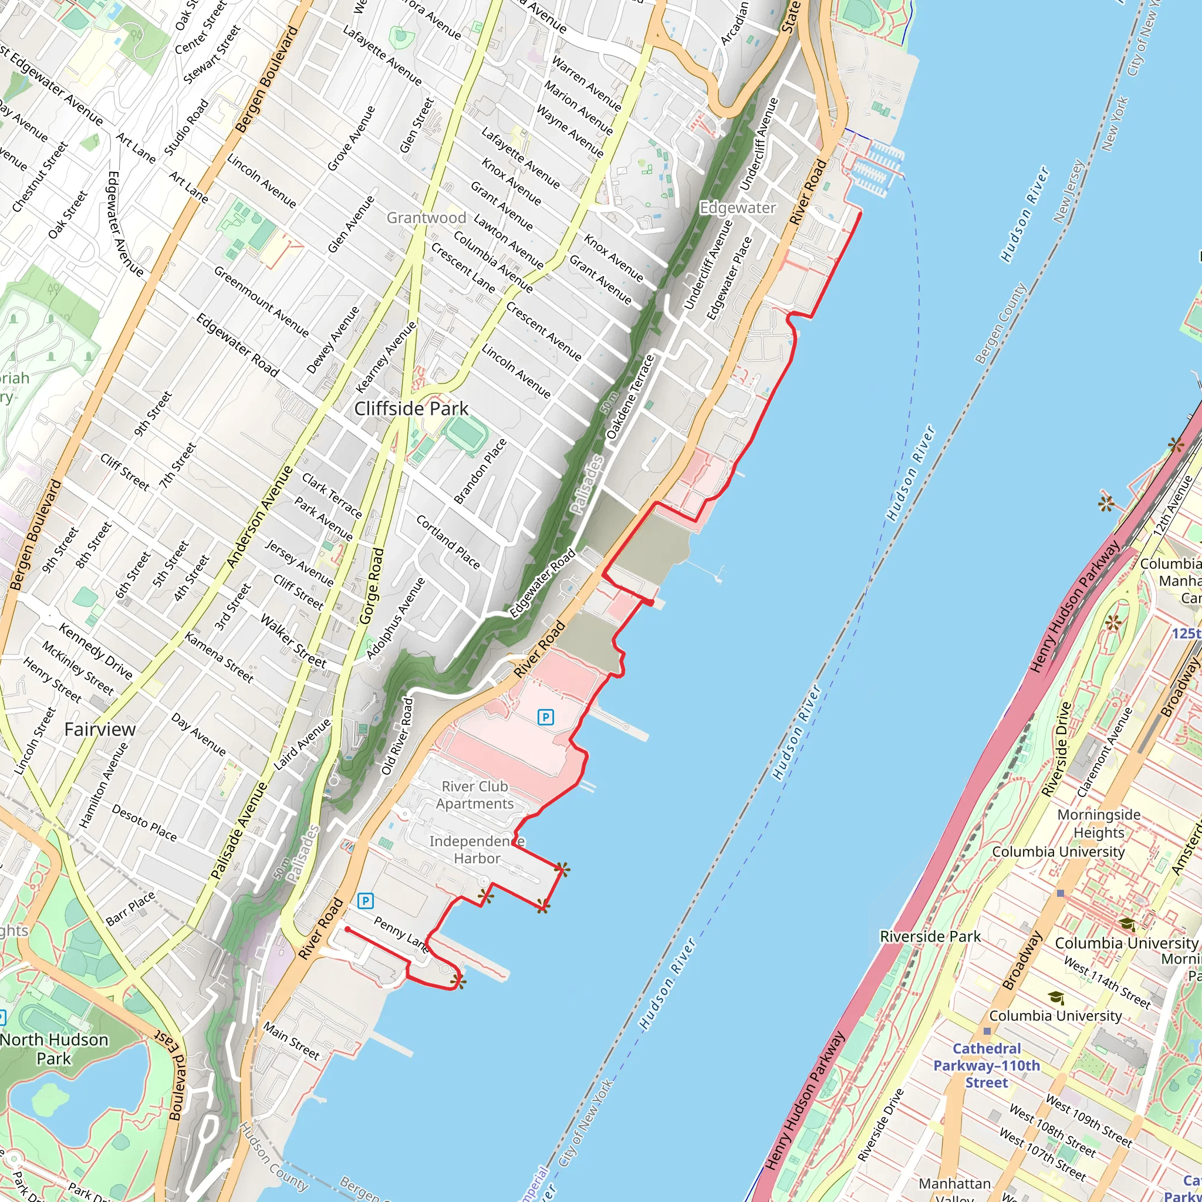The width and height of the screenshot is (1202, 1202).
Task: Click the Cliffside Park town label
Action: (411, 408)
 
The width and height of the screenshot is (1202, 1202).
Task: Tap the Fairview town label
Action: (100, 729)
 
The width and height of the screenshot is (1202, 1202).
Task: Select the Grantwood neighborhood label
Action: (426, 218)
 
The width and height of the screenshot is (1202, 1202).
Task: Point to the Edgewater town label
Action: (737, 208)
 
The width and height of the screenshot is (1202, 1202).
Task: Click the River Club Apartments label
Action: (475, 795)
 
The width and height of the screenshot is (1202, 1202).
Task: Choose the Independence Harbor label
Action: (477, 850)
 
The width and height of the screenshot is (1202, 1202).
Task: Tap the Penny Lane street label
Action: (401, 934)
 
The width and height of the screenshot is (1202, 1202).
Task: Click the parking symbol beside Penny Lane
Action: (365, 900)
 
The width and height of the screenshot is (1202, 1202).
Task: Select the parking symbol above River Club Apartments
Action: (545, 717)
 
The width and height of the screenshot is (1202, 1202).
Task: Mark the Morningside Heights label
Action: (1099, 823)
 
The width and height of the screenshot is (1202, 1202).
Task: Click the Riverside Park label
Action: (930, 936)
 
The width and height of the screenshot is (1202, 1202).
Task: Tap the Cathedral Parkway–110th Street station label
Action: (986, 1065)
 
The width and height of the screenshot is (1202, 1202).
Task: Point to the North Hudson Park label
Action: (53, 1049)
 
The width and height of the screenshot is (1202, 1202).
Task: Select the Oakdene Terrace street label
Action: (630, 397)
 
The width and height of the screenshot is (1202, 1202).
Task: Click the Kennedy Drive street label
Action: (95, 651)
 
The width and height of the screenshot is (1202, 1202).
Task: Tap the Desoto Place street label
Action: (144, 822)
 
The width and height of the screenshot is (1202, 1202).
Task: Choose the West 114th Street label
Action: (1107, 982)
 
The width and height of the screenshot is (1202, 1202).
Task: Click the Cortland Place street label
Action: (447, 542)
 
